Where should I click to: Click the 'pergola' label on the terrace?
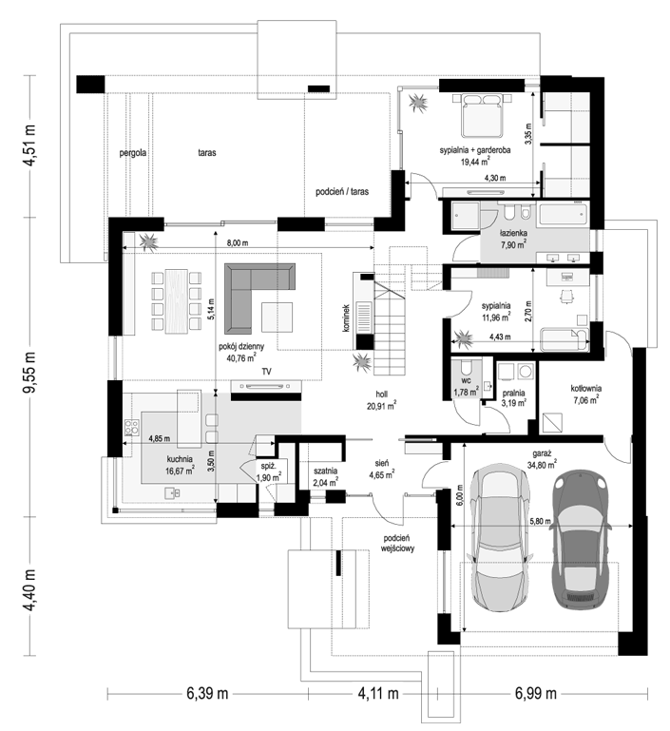(133, 152)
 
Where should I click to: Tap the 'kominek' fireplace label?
(346, 318)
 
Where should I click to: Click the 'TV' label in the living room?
(266, 372)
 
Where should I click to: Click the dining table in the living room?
(177, 300)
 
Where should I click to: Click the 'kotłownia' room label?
(586, 388)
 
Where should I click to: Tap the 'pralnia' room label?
(513, 393)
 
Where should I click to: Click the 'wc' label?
(467, 380)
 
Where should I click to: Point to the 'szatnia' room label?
(325, 471)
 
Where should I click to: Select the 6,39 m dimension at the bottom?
(207, 694)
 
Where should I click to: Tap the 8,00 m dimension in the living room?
(238, 243)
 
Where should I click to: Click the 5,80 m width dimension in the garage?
(540, 521)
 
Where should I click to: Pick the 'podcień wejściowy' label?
(397, 543)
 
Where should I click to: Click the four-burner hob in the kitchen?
(131, 427)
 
